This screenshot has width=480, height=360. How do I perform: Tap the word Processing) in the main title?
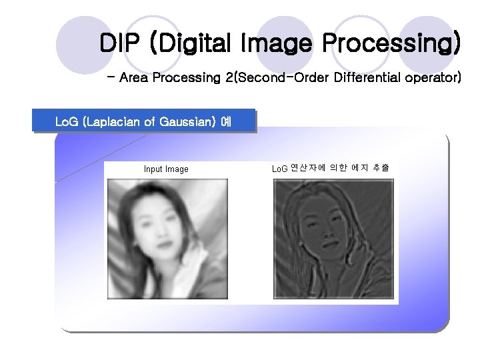(x=391, y=44)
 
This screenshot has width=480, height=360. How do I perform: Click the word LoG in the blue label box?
(x=66, y=121)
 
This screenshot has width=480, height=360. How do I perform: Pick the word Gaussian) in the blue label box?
(x=186, y=121)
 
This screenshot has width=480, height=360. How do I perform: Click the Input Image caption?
(x=166, y=169)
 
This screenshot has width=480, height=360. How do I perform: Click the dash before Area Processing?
(x=111, y=77)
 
